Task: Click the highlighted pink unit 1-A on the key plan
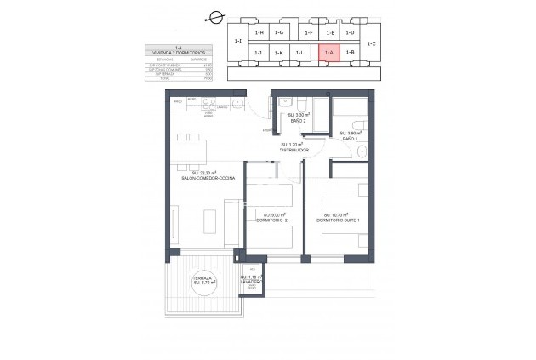click(329, 53)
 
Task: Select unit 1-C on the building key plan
click(372, 43)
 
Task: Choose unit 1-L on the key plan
click(299, 53)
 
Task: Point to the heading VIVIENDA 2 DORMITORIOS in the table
click(179, 53)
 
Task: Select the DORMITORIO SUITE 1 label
click(339, 219)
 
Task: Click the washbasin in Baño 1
click(362, 152)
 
